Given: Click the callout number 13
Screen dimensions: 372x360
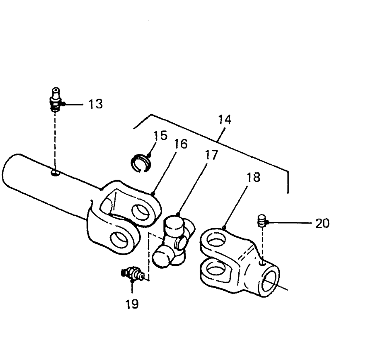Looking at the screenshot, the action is pos(95,104).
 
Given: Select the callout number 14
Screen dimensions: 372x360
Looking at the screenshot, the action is pos(224,120).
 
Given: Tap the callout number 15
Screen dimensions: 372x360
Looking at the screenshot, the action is pos(160,135).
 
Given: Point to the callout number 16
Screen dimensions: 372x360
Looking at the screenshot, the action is pos(180,144).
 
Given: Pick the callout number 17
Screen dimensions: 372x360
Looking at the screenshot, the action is pos(211,155).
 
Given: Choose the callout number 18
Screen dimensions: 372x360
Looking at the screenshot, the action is pos(253,177).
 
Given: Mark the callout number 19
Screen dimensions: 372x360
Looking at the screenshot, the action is pos(132,304).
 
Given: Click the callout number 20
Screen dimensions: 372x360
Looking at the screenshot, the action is pos(322,223).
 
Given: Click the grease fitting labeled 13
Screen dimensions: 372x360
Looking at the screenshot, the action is pos(56,100).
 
